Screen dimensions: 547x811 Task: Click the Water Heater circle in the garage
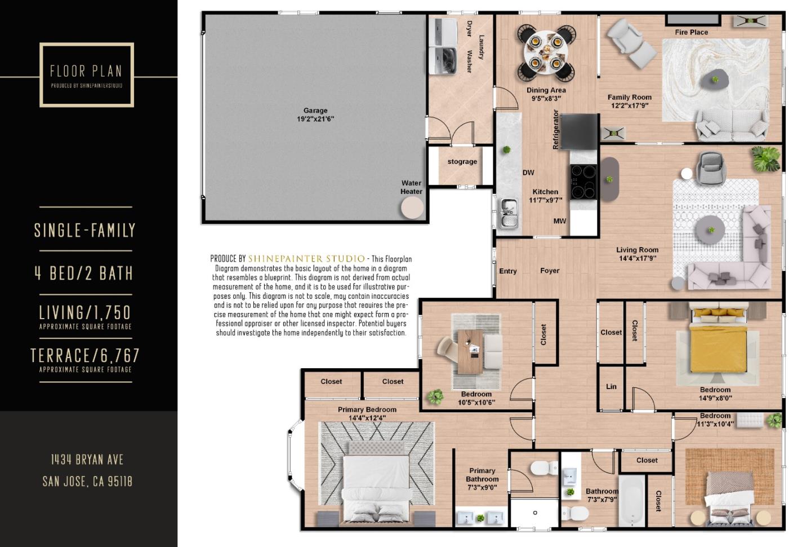click(412, 208)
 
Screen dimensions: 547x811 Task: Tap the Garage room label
click(315, 111)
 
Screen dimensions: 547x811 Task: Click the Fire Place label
click(691, 32)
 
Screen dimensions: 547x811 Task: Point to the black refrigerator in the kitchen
click(579, 131)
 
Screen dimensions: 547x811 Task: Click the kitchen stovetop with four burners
click(583, 182)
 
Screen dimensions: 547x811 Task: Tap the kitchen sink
click(509, 213)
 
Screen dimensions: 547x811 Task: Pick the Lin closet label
click(611, 387)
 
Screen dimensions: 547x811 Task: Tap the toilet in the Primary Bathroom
click(543, 467)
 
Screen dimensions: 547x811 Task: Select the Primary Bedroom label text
click(367, 409)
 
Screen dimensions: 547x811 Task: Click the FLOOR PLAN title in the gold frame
click(86, 71)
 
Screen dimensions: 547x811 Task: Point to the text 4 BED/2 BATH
click(84, 273)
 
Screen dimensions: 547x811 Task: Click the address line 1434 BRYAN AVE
click(87, 460)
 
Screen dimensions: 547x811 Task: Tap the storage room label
click(462, 162)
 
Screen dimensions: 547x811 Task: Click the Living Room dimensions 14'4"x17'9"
click(637, 259)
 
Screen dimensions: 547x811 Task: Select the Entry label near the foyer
click(507, 271)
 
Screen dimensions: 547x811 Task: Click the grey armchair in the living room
click(711, 167)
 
